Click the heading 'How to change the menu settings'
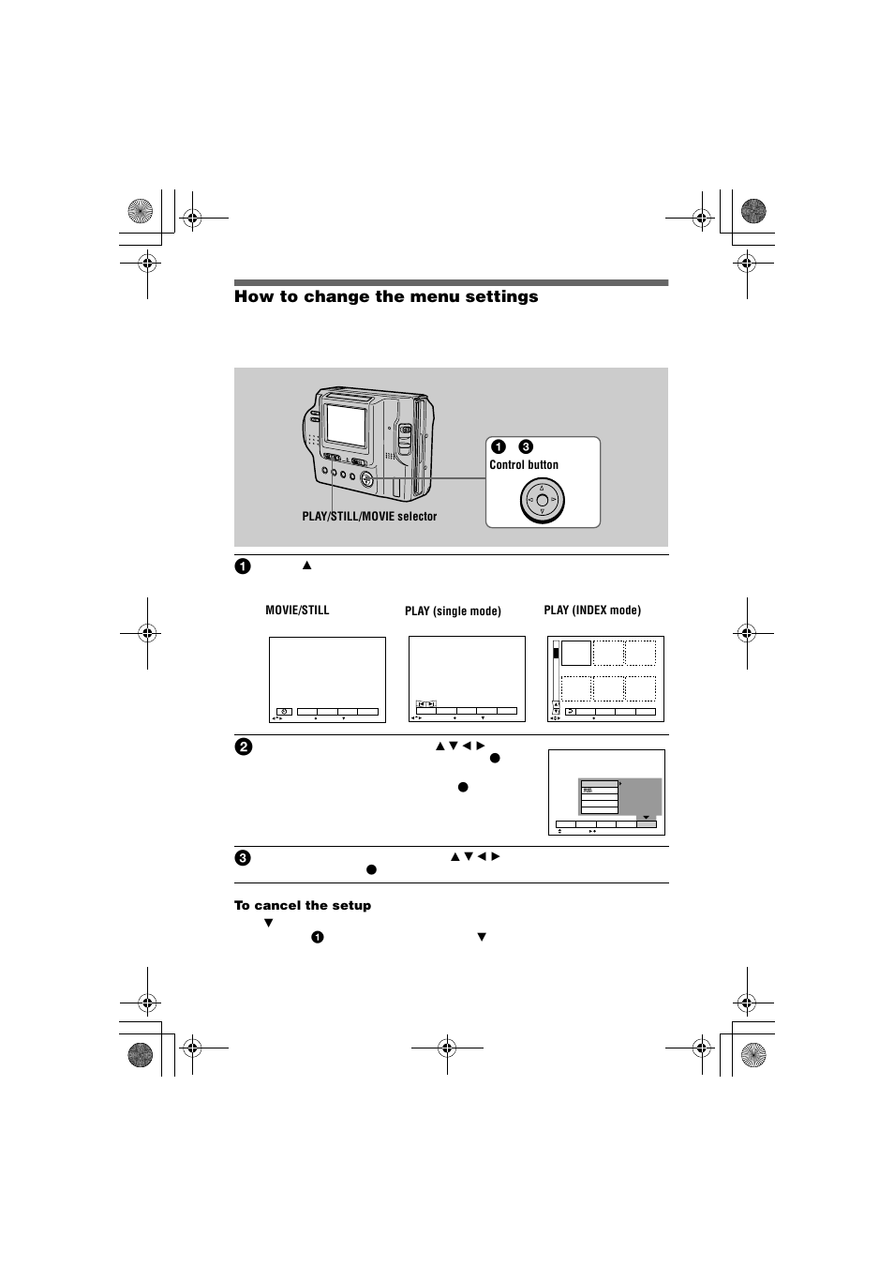tap(386, 296)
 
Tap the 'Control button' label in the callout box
tap(523, 464)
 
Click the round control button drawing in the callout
tap(542, 500)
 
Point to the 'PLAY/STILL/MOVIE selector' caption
tap(369, 517)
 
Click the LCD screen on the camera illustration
tap(345, 425)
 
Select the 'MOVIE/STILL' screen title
tap(297, 610)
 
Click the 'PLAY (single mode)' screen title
tap(453, 611)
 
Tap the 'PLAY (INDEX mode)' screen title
tap(592, 610)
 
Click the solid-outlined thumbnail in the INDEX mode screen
tap(576, 653)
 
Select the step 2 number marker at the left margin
tap(243, 747)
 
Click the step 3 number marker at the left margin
tap(243, 857)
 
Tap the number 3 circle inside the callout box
tap(526, 446)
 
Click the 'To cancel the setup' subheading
tap(302, 905)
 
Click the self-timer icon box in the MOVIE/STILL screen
tap(284, 712)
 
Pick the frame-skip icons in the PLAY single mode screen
tap(425, 703)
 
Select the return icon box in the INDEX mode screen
tap(569, 712)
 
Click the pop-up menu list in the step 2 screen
tap(599, 795)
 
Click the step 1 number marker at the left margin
tap(243, 566)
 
